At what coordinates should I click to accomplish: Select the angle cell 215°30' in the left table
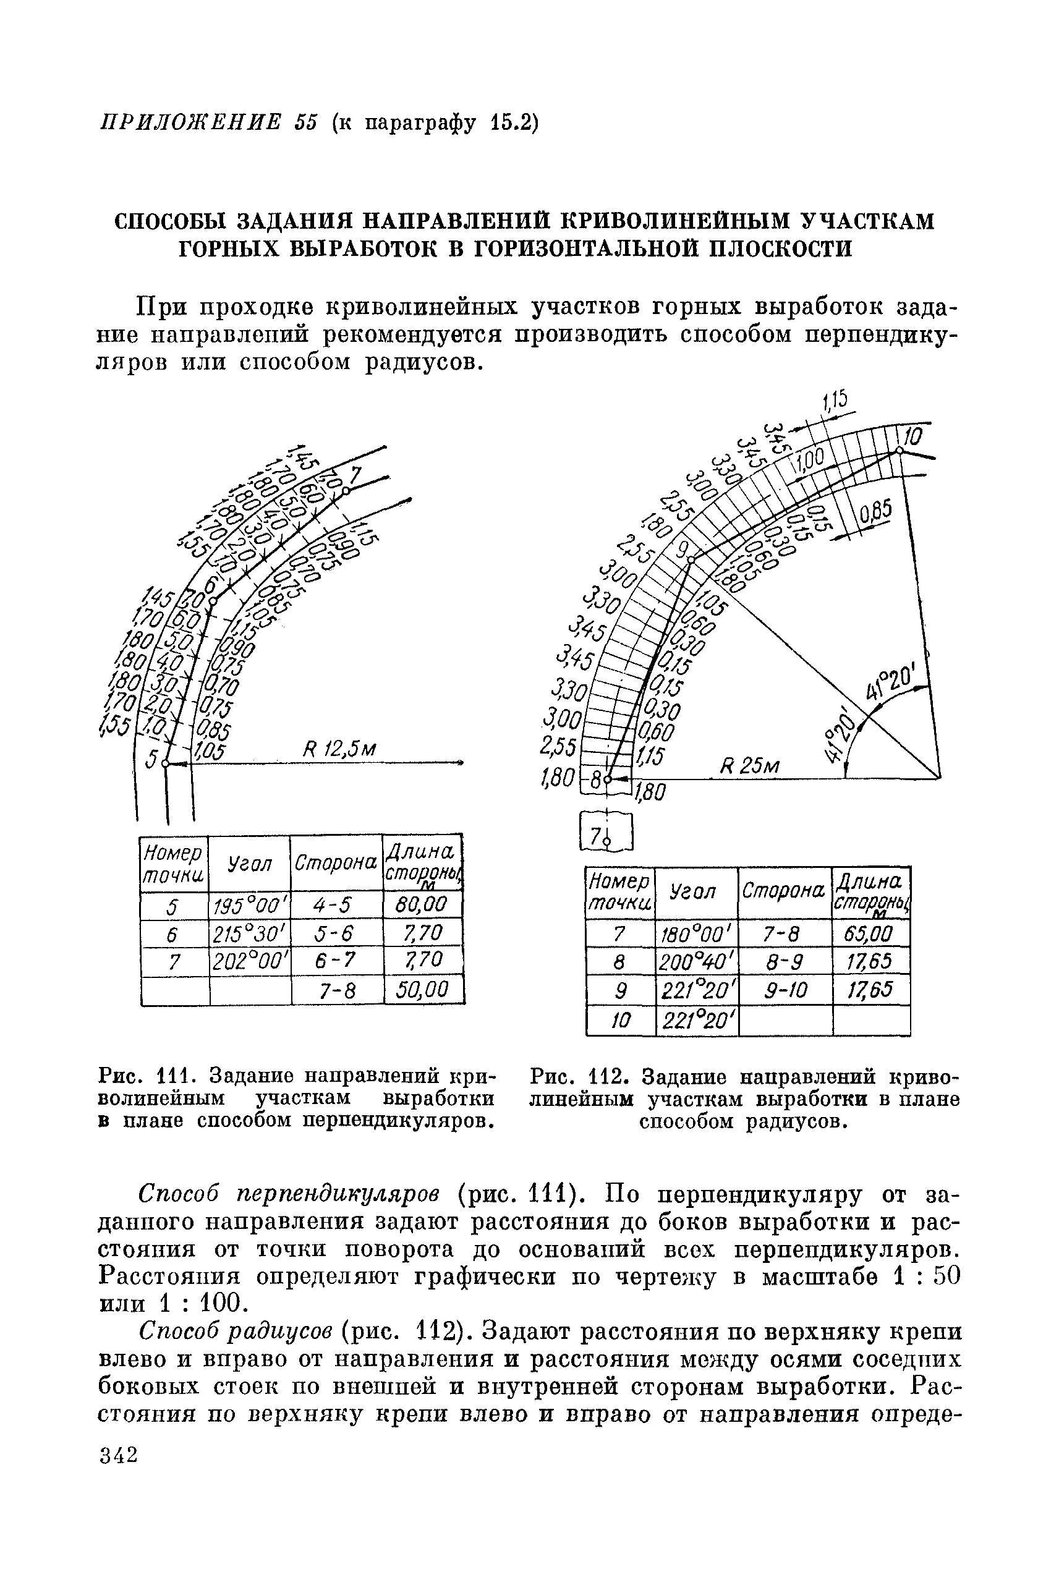249,934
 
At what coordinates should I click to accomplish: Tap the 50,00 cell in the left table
423,990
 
